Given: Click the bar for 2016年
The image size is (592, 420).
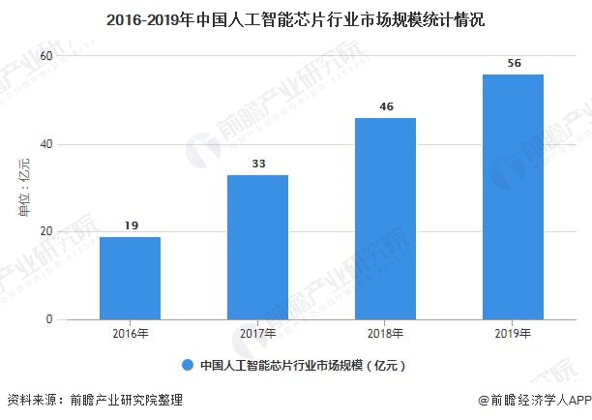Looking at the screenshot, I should coord(130,278).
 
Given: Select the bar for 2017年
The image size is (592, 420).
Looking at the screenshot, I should coord(257,247).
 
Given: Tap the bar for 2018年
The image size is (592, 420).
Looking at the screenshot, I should coord(385,219).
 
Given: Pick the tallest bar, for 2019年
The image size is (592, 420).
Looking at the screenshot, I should coord(513,196).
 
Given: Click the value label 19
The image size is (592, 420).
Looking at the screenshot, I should coord(130,225).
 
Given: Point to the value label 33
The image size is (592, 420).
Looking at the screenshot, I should coord(257,165).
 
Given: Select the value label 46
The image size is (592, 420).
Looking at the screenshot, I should coord(385,106).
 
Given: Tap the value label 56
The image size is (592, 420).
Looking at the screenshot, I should coord(513,63).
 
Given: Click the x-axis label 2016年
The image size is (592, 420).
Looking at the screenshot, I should coord(130,334).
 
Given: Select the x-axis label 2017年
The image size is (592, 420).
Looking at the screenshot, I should coord(257,334).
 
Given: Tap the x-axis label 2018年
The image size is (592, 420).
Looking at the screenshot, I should coord(385,334).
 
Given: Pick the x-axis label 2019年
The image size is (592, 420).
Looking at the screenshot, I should coord(513,334).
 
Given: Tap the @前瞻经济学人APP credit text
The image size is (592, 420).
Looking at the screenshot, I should coord(533,400).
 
